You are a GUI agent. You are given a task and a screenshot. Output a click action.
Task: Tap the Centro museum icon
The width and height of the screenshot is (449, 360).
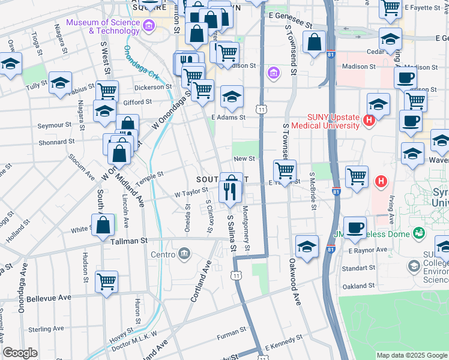pos(184,254)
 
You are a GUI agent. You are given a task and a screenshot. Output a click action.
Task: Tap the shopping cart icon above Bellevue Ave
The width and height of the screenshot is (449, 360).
pos(106,281)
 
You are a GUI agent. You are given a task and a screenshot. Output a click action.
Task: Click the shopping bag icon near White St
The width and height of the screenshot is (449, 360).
pos(104,226)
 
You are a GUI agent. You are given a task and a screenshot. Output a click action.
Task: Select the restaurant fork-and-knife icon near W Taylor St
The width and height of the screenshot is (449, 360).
pos(231,191)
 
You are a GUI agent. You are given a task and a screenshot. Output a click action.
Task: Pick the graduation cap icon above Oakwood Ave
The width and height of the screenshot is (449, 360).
pos(307,247)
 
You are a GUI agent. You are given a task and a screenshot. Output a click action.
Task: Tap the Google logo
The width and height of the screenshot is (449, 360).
pos(20,353)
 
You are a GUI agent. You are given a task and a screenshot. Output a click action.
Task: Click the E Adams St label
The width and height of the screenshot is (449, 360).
pos(228,118)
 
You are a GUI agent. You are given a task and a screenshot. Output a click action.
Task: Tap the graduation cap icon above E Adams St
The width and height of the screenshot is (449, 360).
pos(232,97)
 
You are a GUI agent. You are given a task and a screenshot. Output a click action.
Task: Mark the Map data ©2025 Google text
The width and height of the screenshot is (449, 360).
pos(412,355)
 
